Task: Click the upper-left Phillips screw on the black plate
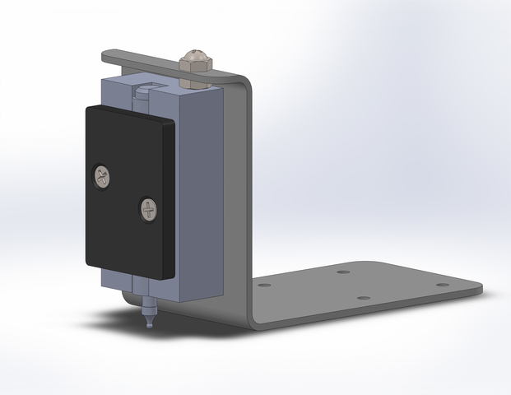(x=103, y=174)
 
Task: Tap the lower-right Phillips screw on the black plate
(x=149, y=210)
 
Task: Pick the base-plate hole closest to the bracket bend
(x=264, y=286)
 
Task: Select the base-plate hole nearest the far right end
(x=442, y=285)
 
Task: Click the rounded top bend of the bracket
(x=244, y=82)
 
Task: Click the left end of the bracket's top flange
(x=105, y=57)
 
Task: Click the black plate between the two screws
(x=126, y=193)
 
